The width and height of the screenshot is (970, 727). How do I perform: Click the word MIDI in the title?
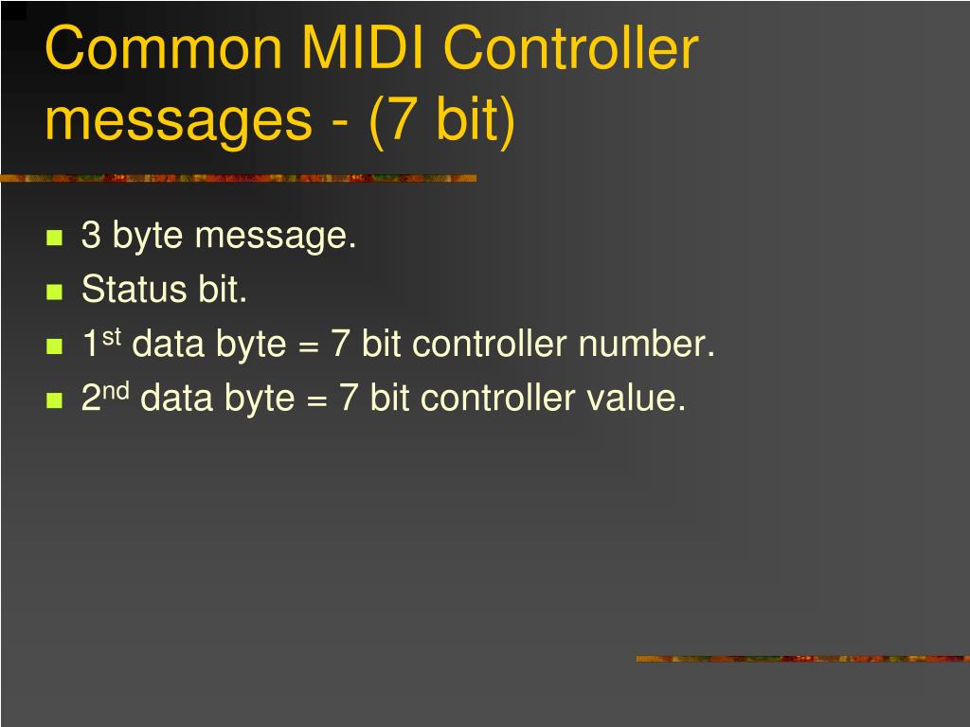(x=363, y=50)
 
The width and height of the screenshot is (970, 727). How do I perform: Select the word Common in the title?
(x=162, y=50)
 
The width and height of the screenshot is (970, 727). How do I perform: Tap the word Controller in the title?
(x=571, y=50)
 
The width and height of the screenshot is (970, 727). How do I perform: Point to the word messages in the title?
(x=179, y=121)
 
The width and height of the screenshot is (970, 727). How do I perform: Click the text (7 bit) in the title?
(x=441, y=121)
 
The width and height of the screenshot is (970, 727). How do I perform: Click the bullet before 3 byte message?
(x=54, y=237)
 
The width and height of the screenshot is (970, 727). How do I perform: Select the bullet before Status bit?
(x=54, y=292)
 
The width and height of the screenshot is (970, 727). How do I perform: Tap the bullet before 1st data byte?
(x=54, y=346)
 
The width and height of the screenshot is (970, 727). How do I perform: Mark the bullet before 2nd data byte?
(x=54, y=400)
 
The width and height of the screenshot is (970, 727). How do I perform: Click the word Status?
(x=135, y=290)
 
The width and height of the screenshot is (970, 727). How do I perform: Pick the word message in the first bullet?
(x=275, y=236)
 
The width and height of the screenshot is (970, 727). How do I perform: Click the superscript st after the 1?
(x=112, y=336)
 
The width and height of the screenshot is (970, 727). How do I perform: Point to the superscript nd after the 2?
(x=117, y=390)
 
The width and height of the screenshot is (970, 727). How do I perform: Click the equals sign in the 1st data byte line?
(x=307, y=346)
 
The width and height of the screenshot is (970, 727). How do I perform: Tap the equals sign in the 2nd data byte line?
(x=315, y=399)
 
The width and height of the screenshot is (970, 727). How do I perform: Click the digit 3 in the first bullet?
(x=91, y=235)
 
